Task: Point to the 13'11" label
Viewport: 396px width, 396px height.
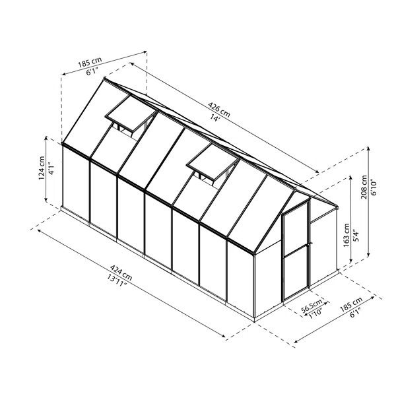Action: (x=116, y=281)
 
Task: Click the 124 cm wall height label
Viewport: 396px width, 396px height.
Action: (x=42, y=168)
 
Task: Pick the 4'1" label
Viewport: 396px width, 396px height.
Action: (x=51, y=168)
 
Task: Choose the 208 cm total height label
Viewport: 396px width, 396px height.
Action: (x=364, y=187)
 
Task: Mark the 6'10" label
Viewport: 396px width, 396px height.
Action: (x=374, y=187)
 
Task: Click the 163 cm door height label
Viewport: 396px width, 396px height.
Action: (x=346, y=235)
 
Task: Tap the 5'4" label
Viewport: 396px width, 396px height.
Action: (x=356, y=236)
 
